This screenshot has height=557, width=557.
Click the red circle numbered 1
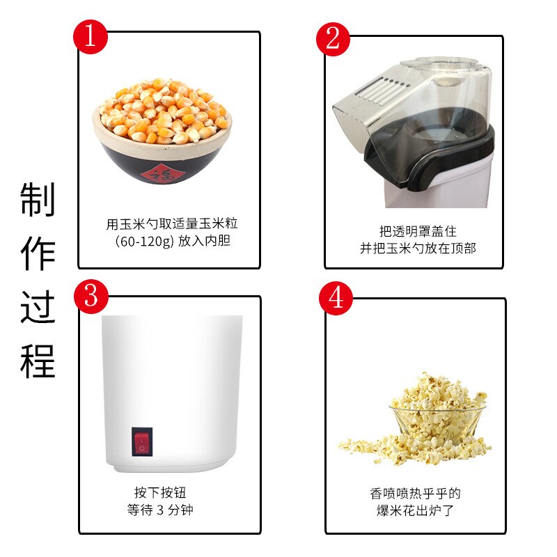tap(91, 37)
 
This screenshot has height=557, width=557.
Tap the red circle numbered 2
tap(334, 38)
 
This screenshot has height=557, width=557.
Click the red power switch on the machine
tap(142, 443)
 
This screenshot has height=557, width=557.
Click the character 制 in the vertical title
tap(38, 200)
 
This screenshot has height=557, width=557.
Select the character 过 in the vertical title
tap(38, 307)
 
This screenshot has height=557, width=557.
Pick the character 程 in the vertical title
tap(38, 361)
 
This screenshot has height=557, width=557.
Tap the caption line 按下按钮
tap(160, 493)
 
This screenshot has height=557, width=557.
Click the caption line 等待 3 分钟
tap(160, 510)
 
